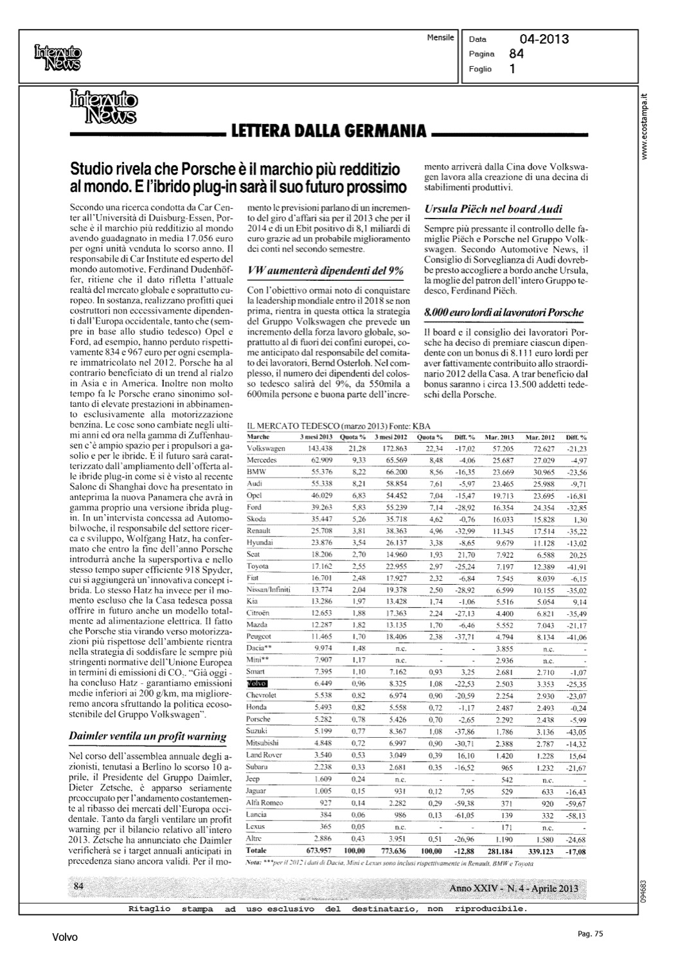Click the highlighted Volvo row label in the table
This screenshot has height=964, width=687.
(256, 683)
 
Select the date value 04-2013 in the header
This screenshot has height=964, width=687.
(544, 39)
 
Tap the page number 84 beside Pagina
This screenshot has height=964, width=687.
(516, 54)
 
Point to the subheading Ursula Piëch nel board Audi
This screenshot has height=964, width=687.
(494, 209)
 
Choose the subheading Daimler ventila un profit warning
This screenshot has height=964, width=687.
(147, 736)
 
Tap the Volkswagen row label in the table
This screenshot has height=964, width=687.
(265, 447)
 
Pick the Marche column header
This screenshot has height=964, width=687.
(258, 436)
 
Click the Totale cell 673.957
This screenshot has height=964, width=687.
(317, 850)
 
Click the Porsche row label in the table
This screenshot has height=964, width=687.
(258, 719)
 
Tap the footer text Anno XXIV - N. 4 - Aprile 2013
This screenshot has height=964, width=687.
(513, 888)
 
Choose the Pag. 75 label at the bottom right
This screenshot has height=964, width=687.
(589, 934)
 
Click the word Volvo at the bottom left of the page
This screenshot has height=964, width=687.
(65, 938)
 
